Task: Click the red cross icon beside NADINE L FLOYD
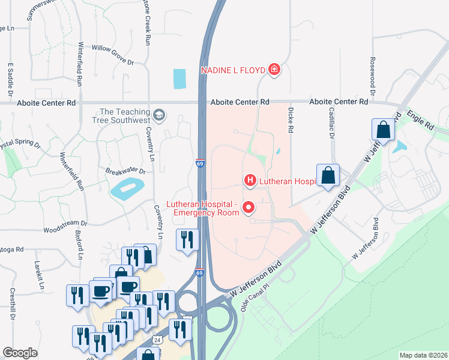(x=274, y=70)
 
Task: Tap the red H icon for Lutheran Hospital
(x=250, y=180)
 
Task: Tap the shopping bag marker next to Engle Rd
(x=383, y=129)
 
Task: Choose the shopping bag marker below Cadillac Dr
(x=328, y=176)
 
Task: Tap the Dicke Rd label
(x=290, y=120)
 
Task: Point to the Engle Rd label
(x=420, y=119)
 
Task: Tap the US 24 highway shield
(x=157, y=339)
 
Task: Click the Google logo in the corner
(x=20, y=353)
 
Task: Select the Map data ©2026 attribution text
(x=423, y=355)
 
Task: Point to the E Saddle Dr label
(x=10, y=80)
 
